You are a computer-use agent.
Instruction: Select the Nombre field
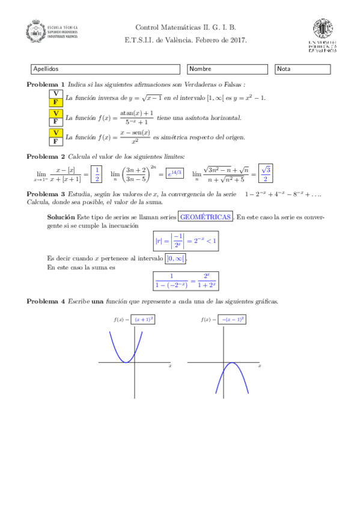(x=227, y=69)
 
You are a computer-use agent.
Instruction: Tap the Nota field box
(x=302, y=69)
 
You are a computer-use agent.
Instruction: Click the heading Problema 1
(x=46, y=85)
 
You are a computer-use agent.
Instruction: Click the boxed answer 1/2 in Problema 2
(x=97, y=174)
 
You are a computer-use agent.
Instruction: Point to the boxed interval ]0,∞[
(x=176, y=258)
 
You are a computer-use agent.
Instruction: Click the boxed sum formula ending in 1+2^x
(x=185, y=280)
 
